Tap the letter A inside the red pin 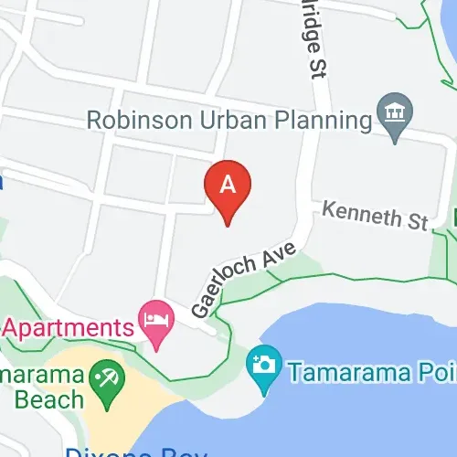[x=229, y=183]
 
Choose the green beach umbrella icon [x=100, y=377]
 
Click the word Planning [x=314, y=120]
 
